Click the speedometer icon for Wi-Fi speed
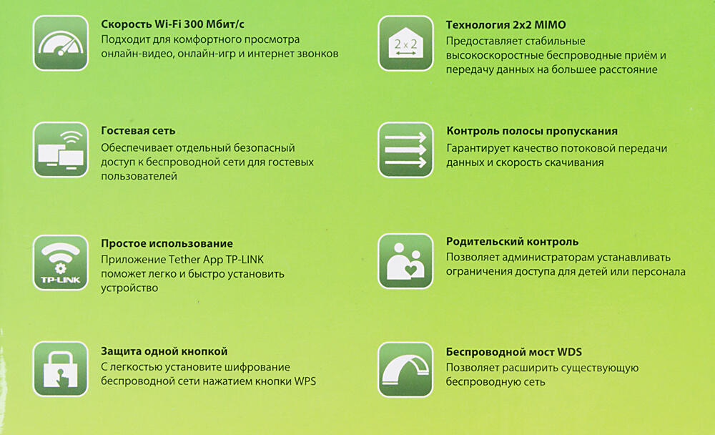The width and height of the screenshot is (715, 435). (61, 43)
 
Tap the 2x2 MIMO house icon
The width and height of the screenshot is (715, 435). (405, 44)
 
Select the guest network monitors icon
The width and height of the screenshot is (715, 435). (61, 150)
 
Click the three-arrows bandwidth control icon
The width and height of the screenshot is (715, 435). (405, 150)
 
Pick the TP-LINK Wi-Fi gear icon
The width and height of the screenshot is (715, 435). (61, 263)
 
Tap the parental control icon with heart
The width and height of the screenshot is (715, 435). (405, 261)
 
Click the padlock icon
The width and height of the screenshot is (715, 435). (61, 368)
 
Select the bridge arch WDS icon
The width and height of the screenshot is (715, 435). (405, 370)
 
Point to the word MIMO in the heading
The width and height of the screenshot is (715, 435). (551, 24)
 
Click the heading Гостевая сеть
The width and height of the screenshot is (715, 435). (138, 130)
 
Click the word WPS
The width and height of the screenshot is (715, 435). (305, 381)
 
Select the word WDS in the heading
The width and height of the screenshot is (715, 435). (570, 352)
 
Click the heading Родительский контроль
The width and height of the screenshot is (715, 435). (512, 241)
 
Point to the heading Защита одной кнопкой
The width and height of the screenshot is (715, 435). (164, 351)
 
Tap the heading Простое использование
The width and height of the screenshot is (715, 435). (167, 243)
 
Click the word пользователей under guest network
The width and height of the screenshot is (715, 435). (139, 176)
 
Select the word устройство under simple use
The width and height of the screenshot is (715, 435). (129, 288)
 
